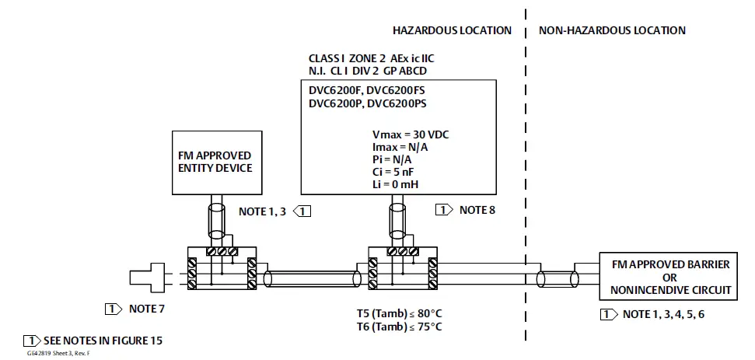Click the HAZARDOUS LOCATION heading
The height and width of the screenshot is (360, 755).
click(452, 30)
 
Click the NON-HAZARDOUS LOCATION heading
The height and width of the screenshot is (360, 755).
click(612, 30)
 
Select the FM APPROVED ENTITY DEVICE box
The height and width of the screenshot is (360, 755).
click(215, 162)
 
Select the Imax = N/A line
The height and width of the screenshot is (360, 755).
click(400, 145)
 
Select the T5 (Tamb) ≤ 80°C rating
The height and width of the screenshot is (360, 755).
click(394, 314)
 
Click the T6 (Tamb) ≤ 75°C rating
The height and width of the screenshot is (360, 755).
click(394, 327)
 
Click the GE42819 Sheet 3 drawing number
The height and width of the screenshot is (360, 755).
click(58, 353)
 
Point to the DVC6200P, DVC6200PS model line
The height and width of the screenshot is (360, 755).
click(373, 103)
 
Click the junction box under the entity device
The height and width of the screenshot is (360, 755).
click(222, 269)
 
